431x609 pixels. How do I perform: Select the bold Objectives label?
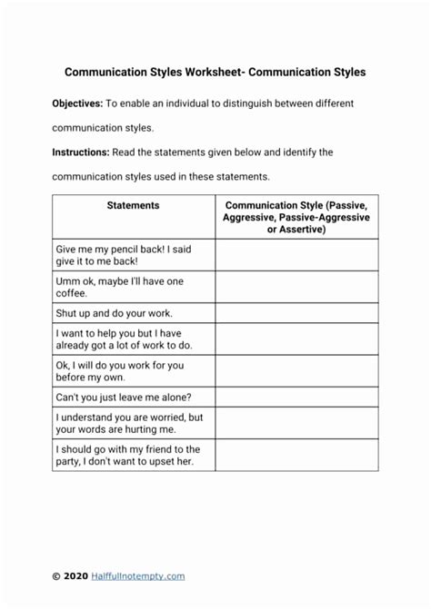click(76, 103)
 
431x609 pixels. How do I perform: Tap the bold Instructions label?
click(79, 152)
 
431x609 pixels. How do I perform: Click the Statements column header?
click(133, 206)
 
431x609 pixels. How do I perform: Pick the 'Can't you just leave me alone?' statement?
click(124, 398)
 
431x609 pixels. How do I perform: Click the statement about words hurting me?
click(129, 423)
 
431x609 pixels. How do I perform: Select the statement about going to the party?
click(127, 456)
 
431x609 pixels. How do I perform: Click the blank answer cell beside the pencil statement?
click(296, 254)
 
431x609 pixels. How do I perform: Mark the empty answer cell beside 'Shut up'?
click(296, 313)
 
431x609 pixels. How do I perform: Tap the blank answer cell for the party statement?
click(296, 456)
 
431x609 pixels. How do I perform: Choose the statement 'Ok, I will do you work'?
click(118, 371)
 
